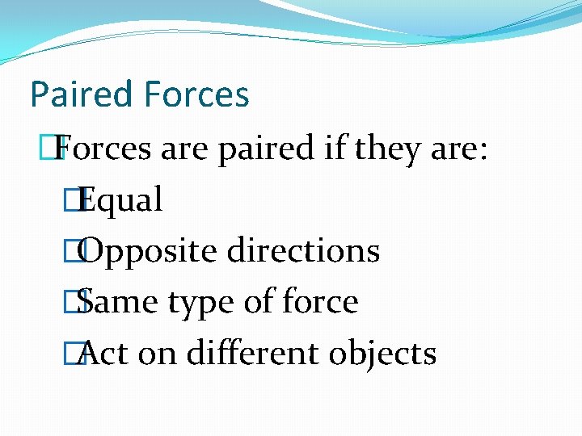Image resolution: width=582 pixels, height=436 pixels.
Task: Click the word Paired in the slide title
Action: point(81,95)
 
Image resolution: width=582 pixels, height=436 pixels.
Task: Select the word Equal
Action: point(122,200)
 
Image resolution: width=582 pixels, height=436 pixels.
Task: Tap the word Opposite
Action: point(150,251)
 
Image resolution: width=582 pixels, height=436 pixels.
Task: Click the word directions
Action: point(303,251)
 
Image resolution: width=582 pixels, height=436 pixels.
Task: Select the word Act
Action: point(105,353)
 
